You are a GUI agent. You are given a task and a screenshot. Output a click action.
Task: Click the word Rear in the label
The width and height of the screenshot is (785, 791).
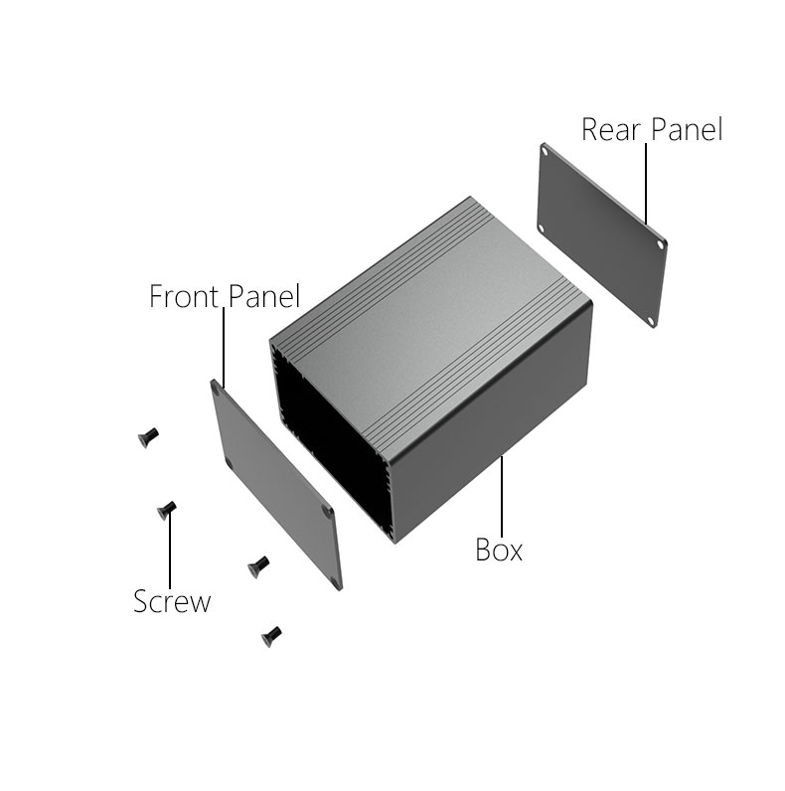click(610, 129)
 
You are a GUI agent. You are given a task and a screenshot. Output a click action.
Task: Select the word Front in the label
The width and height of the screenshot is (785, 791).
click(184, 296)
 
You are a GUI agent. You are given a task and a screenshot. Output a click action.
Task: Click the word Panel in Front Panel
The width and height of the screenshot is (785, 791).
click(264, 296)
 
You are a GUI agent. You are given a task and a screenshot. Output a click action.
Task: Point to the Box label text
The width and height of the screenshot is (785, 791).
click(499, 550)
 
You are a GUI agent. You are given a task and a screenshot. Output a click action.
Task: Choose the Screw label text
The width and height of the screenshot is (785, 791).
click(172, 601)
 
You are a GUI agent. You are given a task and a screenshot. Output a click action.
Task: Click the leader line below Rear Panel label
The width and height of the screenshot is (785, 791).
click(646, 184)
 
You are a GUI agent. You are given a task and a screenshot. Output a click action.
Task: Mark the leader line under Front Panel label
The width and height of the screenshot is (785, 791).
click(224, 348)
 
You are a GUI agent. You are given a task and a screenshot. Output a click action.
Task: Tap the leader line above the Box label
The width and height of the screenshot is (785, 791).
click(502, 497)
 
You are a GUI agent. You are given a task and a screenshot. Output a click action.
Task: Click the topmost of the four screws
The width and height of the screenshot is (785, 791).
click(148, 437)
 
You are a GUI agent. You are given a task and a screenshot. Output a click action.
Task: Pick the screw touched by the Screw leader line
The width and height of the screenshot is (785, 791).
click(167, 510)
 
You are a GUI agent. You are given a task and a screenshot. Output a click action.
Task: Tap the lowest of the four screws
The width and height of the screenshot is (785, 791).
click(271, 637)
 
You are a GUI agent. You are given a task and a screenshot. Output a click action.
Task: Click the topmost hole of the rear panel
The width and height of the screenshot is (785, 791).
click(545, 151)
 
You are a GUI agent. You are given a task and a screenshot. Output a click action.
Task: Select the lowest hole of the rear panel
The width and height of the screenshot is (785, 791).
click(651, 320)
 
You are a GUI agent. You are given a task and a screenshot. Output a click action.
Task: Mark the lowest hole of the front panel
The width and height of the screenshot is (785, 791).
click(336, 581)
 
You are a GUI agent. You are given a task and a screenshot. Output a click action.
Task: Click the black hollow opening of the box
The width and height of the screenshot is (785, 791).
click(328, 444)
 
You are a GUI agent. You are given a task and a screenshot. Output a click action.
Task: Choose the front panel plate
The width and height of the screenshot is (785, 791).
click(276, 485)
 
